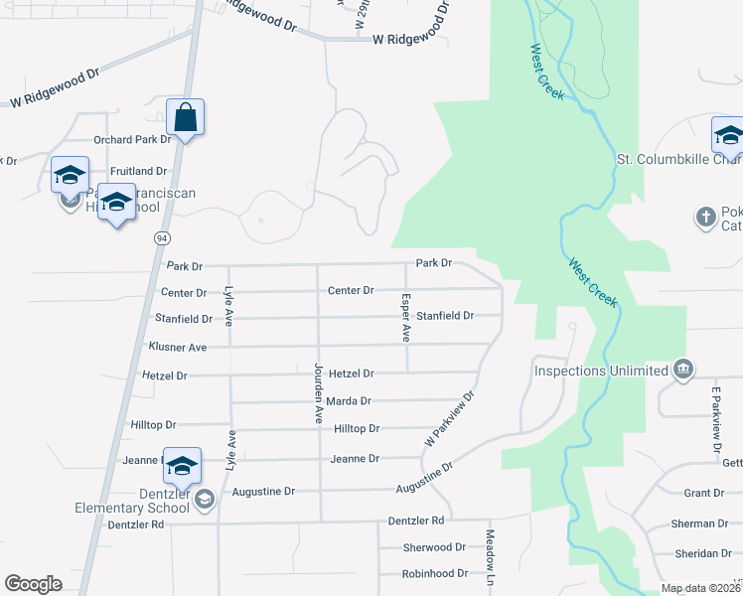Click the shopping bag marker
[x=186, y=118]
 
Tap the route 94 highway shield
[x=161, y=238]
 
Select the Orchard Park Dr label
[x=132, y=140]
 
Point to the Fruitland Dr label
[x=138, y=171]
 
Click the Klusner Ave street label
[x=177, y=347]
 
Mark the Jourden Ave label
[x=319, y=392]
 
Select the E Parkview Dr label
[x=715, y=420]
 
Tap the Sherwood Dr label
[x=434, y=547]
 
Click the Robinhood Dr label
[x=434, y=573]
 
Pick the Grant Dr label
[x=703, y=493]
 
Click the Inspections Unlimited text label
[x=601, y=371]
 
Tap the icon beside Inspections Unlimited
[x=682, y=371]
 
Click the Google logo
[x=33, y=584]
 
